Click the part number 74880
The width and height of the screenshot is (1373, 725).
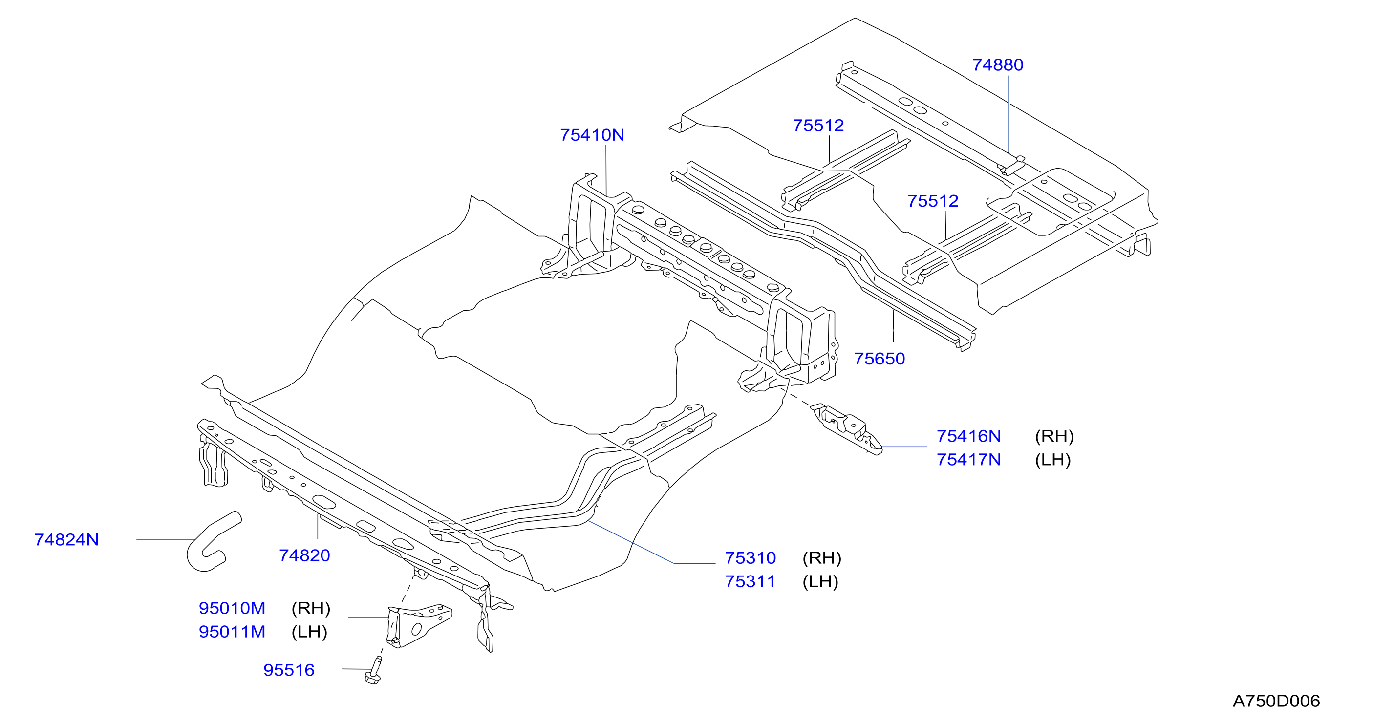[x=998, y=65]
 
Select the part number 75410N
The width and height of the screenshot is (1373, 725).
[x=592, y=135]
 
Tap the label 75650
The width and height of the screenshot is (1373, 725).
[x=880, y=359]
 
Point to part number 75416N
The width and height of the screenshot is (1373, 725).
[x=968, y=437]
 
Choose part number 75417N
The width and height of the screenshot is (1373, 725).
[x=968, y=460]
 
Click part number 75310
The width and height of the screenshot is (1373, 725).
[x=751, y=558]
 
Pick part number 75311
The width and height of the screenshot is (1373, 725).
[x=751, y=581]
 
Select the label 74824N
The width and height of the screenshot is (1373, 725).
[x=66, y=540]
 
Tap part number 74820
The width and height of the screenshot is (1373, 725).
[x=304, y=556]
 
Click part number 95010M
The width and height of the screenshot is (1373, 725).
[x=232, y=608]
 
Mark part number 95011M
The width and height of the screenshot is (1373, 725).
[x=232, y=632]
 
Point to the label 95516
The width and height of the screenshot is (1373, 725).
[x=289, y=670]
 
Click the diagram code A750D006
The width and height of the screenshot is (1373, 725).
[x=1276, y=701]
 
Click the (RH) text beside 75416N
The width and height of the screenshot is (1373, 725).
[x=1054, y=437]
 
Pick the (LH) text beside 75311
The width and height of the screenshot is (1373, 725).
[x=820, y=581]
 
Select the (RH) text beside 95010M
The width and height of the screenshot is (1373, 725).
[x=311, y=608]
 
